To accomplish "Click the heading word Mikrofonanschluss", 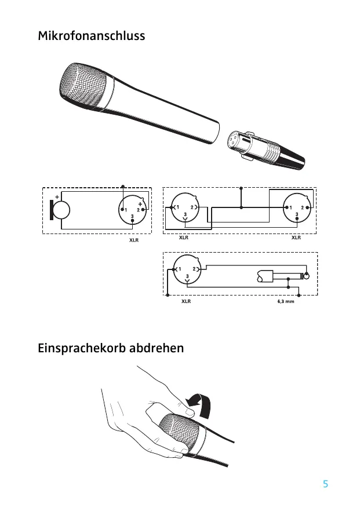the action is pyautogui.click(x=91, y=37).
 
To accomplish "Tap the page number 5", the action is pyautogui.click(x=325, y=484).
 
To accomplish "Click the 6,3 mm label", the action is pyautogui.click(x=286, y=302).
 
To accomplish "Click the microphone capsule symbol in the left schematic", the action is pyautogui.click(x=62, y=210).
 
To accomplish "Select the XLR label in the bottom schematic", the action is pyautogui.click(x=186, y=302).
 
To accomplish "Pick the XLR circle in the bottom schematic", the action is pyautogui.click(x=187, y=269).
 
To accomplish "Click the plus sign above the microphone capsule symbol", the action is pyautogui.click(x=58, y=196).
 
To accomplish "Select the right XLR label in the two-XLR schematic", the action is pyautogui.click(x=296, y=237).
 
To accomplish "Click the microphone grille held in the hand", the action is pyautogui.click(x=180, y=435).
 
